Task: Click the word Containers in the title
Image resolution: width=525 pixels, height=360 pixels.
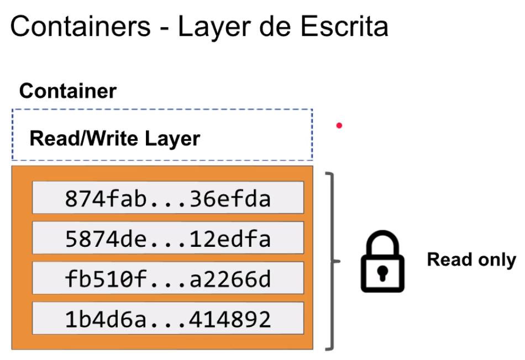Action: click(81, 26)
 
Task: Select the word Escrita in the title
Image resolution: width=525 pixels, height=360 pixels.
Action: click(344, 26)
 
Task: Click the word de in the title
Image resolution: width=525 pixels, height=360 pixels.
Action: click(275, 26)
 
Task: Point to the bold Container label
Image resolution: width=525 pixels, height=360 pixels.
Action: click(68, 91)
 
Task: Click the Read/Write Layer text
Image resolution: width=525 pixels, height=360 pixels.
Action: click(115, 139)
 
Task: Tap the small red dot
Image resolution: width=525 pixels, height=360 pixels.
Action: click(339, 125)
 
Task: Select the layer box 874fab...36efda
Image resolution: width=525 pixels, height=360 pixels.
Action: click(168, 198)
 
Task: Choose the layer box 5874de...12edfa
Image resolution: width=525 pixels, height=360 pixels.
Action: click(168, 237)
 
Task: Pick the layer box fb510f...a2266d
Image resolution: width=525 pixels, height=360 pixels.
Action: click(168, 278)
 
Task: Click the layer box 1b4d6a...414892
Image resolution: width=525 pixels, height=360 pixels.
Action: click(168, 318)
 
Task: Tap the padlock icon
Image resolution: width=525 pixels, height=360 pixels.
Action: click(382, 261)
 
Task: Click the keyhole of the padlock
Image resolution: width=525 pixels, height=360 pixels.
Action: click(382, 273)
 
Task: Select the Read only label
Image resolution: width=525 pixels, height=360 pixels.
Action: click(471, 260)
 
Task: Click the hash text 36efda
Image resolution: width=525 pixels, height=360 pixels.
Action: click(230, 199)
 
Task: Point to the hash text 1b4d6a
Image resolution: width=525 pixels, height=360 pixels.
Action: click(106, 319)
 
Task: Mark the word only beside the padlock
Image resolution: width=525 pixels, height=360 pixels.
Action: click(497, 261)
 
